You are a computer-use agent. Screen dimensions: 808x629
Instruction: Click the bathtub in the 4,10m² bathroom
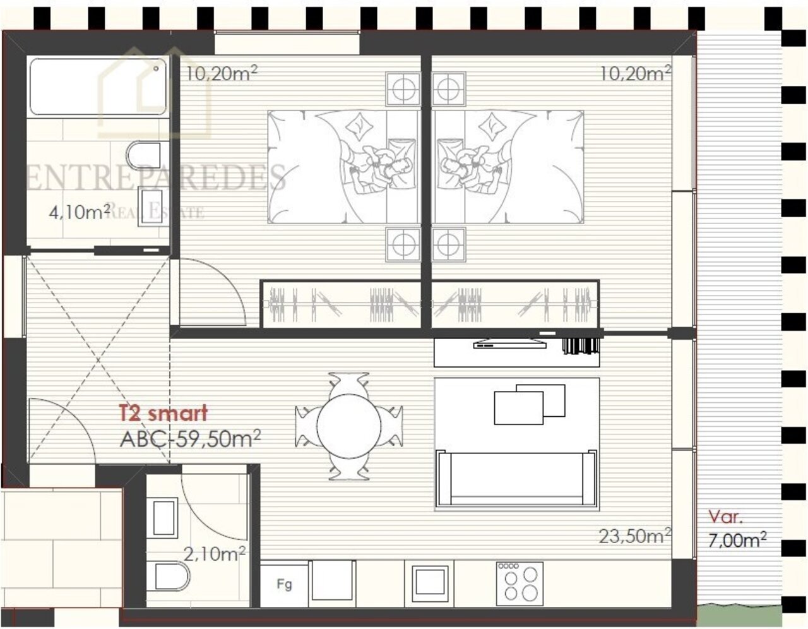[98, 87]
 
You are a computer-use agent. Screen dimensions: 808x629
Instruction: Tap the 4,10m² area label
[80, 212]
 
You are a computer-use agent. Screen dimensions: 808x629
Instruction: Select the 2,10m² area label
[215, 554]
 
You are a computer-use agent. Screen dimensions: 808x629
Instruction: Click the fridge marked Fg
[284, 586]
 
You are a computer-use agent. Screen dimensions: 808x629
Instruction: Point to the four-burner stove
[520, 585]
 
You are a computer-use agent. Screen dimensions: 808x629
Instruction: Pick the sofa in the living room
[516, 477]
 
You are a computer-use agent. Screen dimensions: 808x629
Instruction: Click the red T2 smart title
[163, 413]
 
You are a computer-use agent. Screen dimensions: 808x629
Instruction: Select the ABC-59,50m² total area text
[190, 439]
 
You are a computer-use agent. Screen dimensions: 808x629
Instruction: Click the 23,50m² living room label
[635, 536]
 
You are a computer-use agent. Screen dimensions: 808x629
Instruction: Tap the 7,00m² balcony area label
[737, 540]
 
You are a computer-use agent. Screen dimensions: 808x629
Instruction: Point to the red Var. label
[725, 517]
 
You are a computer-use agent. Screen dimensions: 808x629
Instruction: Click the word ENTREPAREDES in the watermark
[156, 178]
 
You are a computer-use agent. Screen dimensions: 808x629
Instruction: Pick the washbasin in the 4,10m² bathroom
[150, 207]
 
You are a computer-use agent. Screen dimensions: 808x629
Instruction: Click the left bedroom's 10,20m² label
[221, 74]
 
